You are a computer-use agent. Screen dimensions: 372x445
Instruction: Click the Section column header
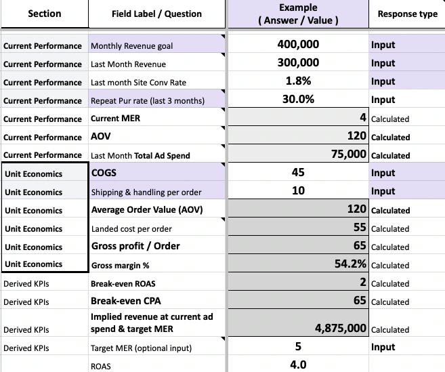point(44,14)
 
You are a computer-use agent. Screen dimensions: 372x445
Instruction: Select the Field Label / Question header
point(156,14)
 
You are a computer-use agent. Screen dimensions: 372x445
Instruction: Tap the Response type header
point(407,14)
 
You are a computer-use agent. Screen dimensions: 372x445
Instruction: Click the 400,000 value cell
point(298,45)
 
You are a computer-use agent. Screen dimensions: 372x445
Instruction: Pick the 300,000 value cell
point(298,63)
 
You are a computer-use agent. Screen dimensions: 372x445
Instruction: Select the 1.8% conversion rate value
point(298,81)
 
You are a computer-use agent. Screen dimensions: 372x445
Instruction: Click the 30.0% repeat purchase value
point(298,100)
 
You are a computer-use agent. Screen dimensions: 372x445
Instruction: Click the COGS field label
point(104,173)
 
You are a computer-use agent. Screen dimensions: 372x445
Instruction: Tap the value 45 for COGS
point(298,173)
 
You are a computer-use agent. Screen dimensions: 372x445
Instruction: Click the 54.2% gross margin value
point(351,264)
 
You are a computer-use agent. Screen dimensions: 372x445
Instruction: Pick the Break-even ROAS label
point(123,283)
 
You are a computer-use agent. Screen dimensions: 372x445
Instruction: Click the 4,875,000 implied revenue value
point(341,329)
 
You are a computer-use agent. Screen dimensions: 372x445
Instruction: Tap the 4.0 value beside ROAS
point(298,365)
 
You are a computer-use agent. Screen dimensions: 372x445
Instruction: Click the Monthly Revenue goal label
point(131,46)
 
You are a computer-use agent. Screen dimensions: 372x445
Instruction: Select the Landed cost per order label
point(131,228)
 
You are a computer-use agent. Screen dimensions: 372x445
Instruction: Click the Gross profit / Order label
point(135,246)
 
